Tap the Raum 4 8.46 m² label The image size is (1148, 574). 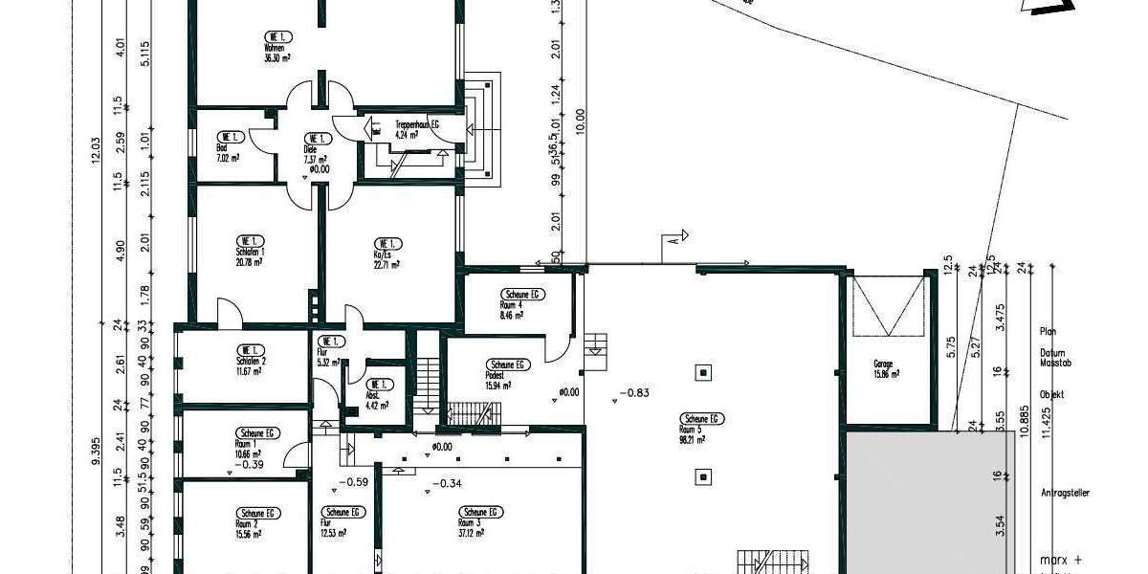tap(521, 302)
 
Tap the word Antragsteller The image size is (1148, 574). tap(1065, 494)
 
